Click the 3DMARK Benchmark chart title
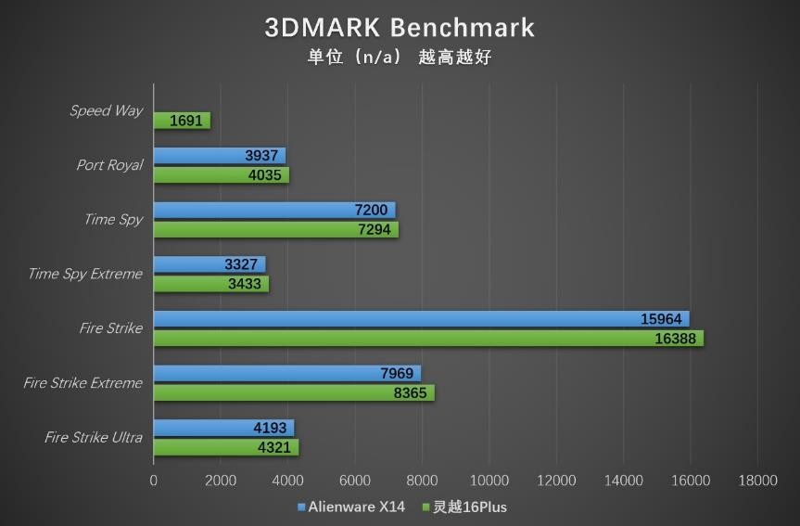tap(400, 27)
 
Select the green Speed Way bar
tap(182, 121)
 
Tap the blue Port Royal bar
tap(219, 155)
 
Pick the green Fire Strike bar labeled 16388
tap(428, 339)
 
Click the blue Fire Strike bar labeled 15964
tap(421, 318)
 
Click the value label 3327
tap(242, 264)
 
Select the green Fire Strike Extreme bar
tap(294, 393)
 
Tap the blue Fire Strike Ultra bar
tap(223, 428)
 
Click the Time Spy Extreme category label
tap(85, 274)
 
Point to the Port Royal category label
tap(109, 165)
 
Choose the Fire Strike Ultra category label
tap(94, 437)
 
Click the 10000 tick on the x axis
tap(489, 481)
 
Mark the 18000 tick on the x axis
tap(757, 481)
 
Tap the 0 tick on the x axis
tap(154, 481)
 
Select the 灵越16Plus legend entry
tap(464, 507)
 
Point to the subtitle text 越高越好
tap(454, 58)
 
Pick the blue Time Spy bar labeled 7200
tap(274, 210)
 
